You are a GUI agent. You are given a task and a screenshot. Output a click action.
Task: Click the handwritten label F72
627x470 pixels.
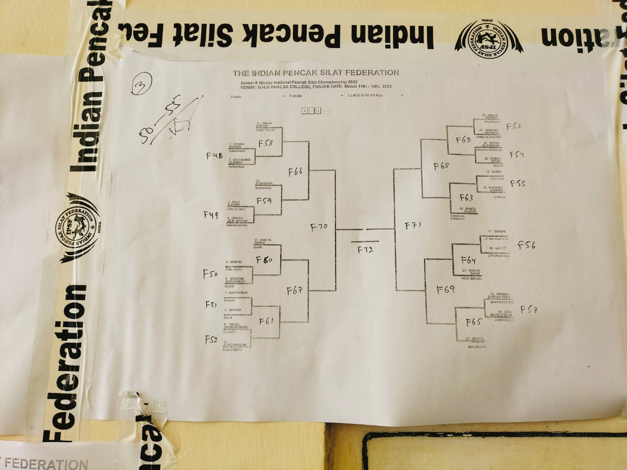coord(365,250)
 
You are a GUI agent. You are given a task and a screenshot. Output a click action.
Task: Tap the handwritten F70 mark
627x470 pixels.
coord(319,227)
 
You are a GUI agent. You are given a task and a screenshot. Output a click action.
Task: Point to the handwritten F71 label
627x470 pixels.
coord(413,226)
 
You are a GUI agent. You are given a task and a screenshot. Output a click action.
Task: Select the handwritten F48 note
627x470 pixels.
coord(214,156)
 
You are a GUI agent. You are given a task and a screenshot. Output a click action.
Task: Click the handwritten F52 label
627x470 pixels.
coord(211,339)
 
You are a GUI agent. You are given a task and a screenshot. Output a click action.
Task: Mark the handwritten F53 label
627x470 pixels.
coord(513,126)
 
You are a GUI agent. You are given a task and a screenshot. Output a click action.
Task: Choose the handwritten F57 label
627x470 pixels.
coord(529,309)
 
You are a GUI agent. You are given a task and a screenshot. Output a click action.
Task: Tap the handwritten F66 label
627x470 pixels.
coord(295,172)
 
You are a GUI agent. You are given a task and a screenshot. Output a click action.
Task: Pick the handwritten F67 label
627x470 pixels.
coord(294,291)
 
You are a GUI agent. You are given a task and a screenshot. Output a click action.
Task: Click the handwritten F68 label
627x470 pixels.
coord(441,166)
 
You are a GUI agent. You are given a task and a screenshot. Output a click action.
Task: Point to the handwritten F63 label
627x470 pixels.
coord(466,198)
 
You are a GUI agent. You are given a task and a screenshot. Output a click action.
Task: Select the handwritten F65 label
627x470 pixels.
coord(473,322)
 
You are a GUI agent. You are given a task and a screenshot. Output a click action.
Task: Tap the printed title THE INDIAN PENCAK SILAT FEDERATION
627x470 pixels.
coord(316,72)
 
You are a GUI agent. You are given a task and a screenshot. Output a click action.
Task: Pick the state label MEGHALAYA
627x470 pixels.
coord(477,347)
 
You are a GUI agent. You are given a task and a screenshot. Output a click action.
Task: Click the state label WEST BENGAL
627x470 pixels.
coord(472,279)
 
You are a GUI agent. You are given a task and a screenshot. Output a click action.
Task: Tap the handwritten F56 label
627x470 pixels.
coord(527,245)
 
